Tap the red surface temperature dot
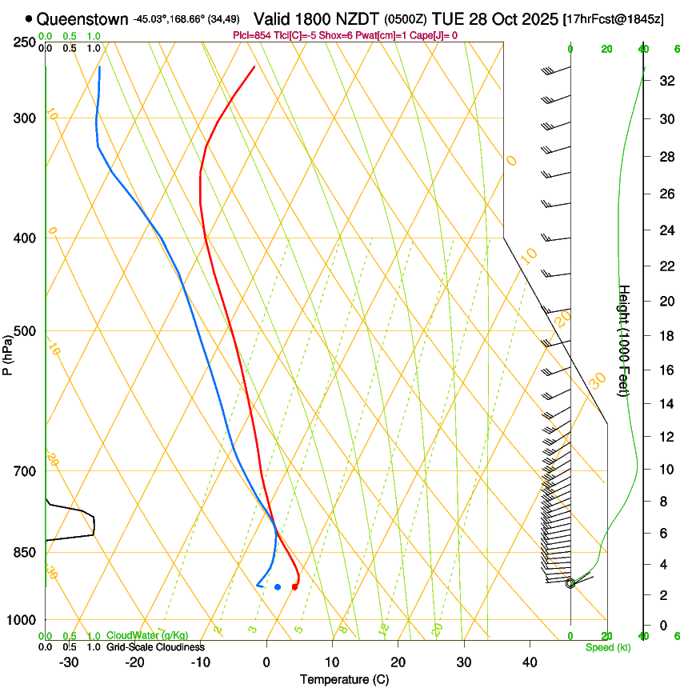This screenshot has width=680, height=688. (x=294, y=587)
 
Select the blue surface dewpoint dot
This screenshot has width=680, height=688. (x=278, y=587)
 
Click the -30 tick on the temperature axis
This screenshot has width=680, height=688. (x=69, y=662)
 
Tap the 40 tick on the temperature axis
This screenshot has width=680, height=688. (x=529, y=662)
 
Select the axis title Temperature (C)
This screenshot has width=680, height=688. (x=344, y=679)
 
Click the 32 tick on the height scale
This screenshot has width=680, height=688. (x=665, y=81)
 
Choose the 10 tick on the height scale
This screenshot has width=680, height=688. (x=665, y=469)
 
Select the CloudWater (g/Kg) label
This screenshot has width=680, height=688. (x=147, y=635)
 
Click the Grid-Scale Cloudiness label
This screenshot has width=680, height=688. (x=155, y=646)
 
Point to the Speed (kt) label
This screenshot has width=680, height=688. (x=607, y=646)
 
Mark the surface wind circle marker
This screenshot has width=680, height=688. (x=570, y=583)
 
